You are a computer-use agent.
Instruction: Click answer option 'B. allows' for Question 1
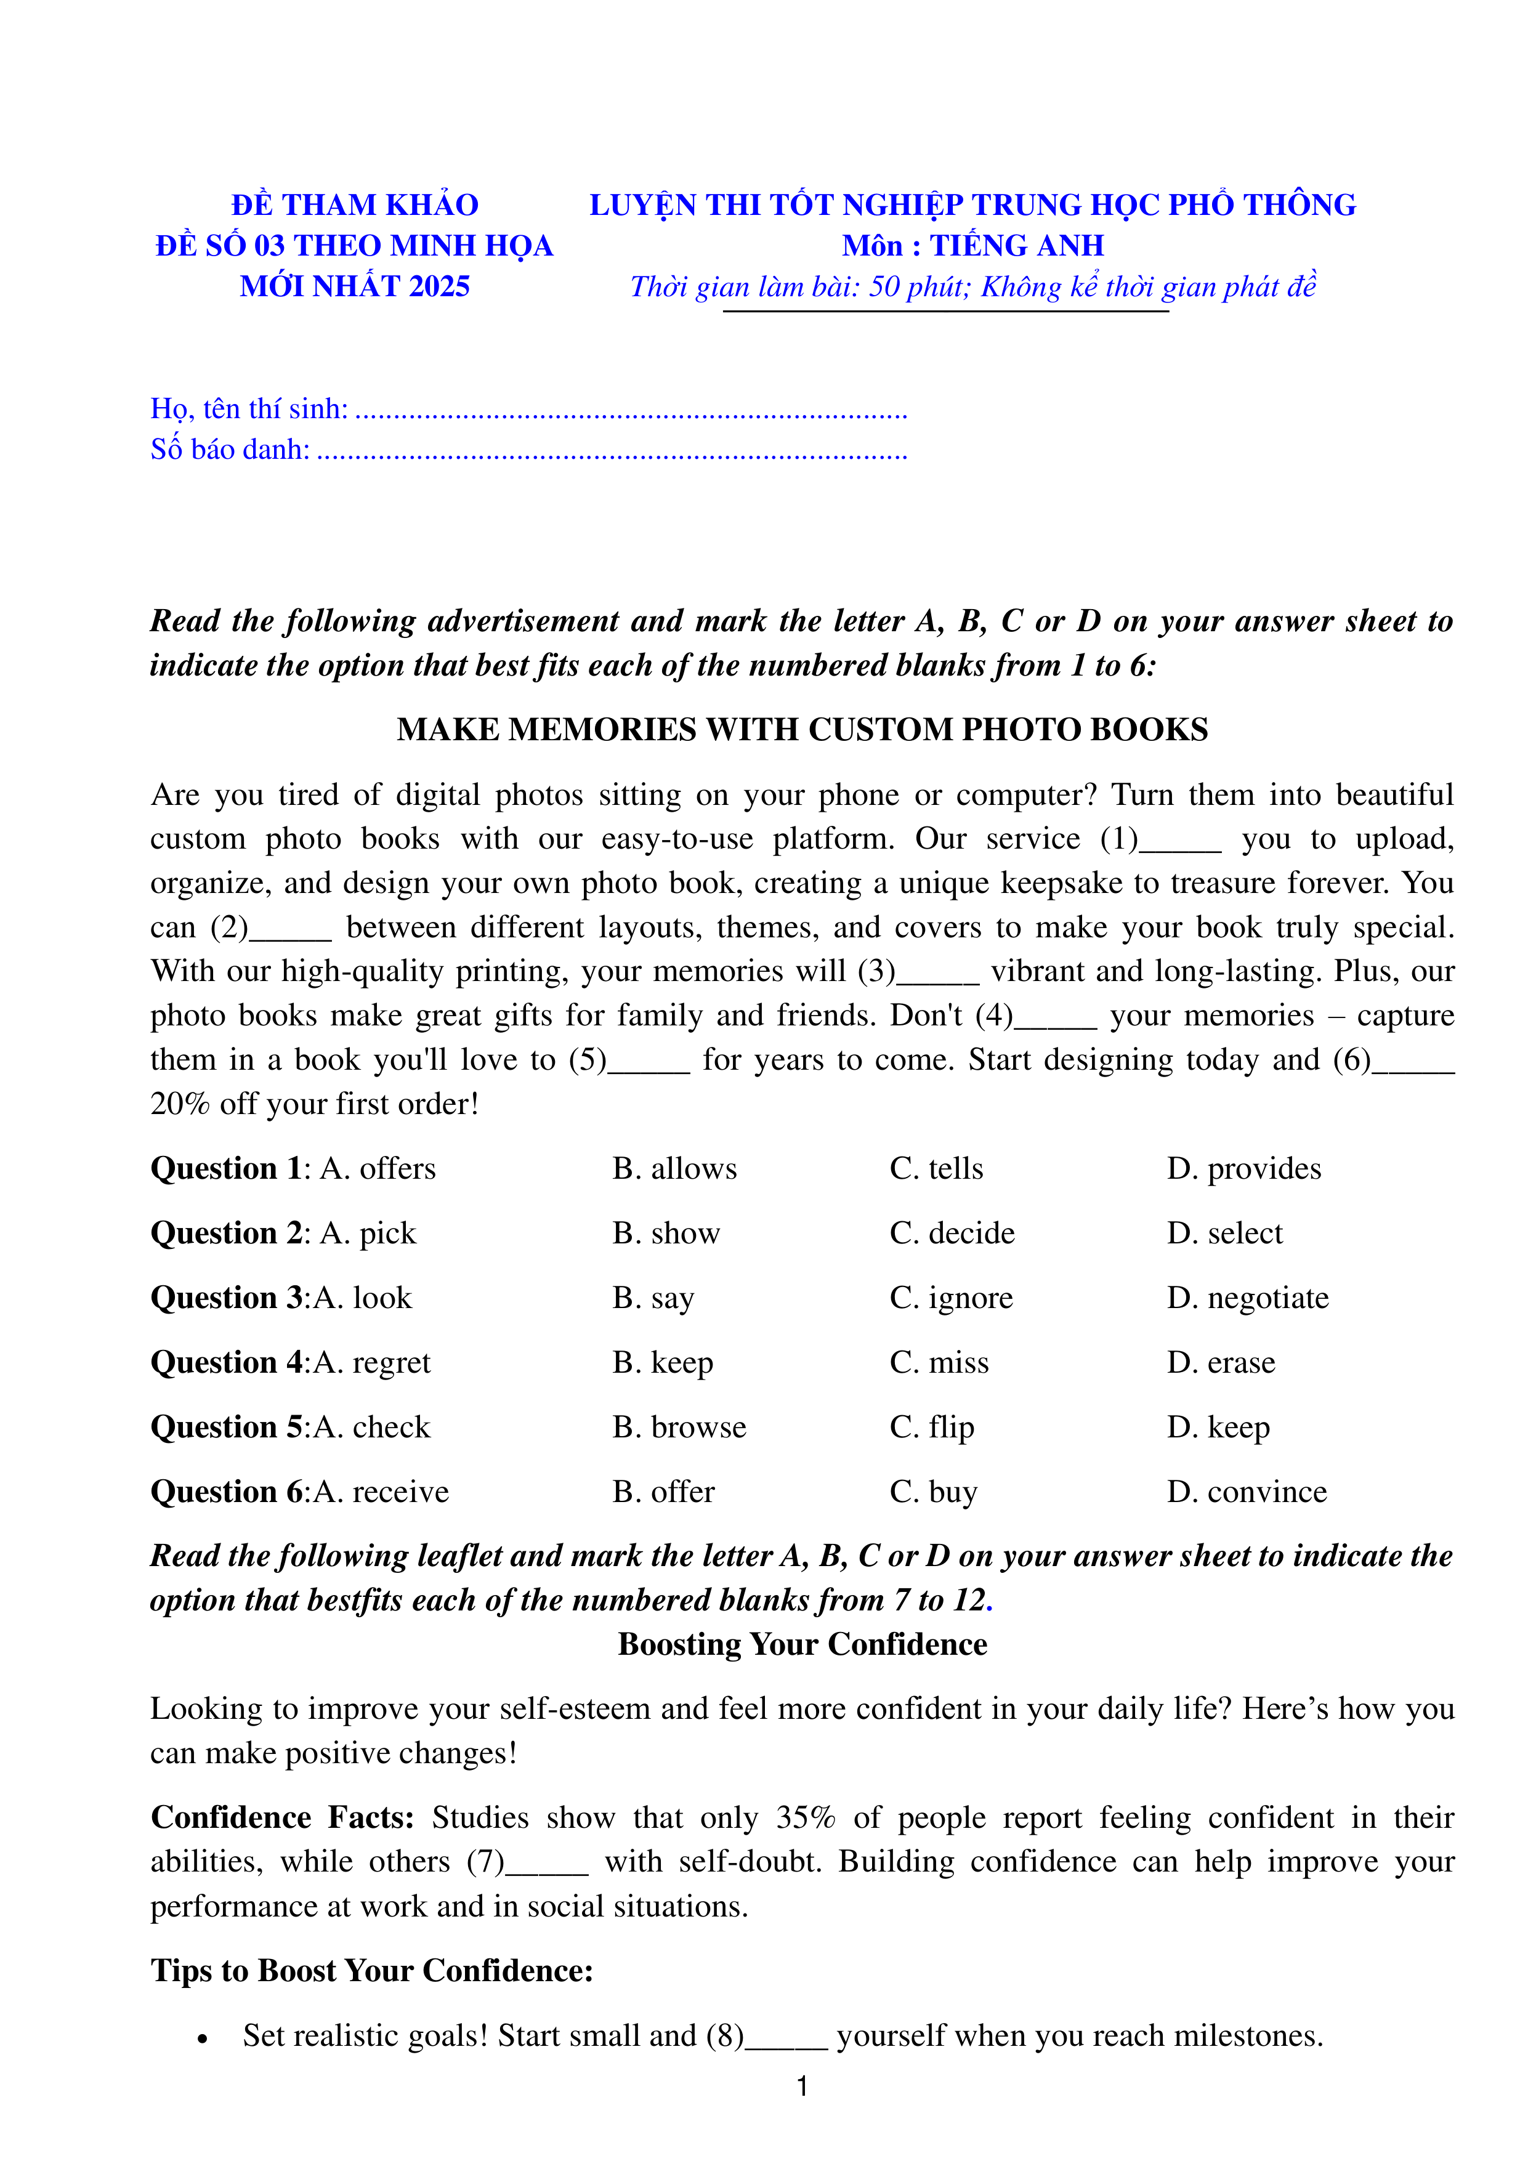pyautogui.click(x=674, y=1168)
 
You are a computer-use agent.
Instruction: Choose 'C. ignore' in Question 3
pyautogui.click(x=951, y=1298)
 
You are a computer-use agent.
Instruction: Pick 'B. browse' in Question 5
pyautogui.click(x=679, y=1427)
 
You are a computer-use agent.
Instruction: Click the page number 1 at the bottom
pyautogui.click(x=802, y=2086)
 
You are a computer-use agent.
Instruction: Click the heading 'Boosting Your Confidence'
pyautogui.click(x=802, y=1644)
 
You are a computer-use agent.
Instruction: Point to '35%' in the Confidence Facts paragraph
pyautogui.click(x=805, y=1817)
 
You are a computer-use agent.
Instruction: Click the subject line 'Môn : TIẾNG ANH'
pyautogui.click(x=972, y=246)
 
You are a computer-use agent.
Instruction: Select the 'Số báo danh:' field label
pyautogui.click(x=230, y=450)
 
